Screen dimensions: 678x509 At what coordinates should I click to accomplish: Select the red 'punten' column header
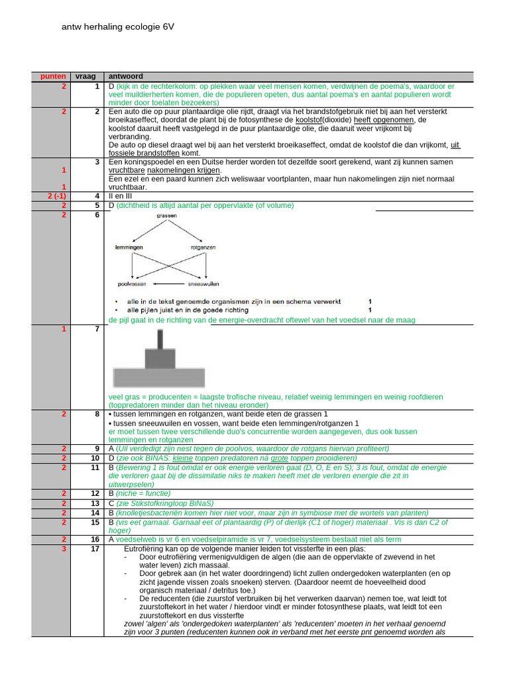coord(53,77)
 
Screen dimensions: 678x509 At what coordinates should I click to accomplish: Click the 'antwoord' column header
coord(125,77)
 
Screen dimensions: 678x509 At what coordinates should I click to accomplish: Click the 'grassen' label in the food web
coord(167,217)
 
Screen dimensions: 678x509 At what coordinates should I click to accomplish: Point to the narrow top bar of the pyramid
coord(160,339)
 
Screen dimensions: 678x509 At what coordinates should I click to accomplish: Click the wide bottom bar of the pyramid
coord(157,377)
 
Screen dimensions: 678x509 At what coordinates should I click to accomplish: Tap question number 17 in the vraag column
coord(95,549)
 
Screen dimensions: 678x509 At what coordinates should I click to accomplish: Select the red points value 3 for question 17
coord(64,549)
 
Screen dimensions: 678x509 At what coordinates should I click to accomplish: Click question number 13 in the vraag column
coord(95,503)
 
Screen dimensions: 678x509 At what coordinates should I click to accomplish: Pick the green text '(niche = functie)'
coord(144,494)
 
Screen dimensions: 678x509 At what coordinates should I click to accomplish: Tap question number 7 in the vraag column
coord(97,329)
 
